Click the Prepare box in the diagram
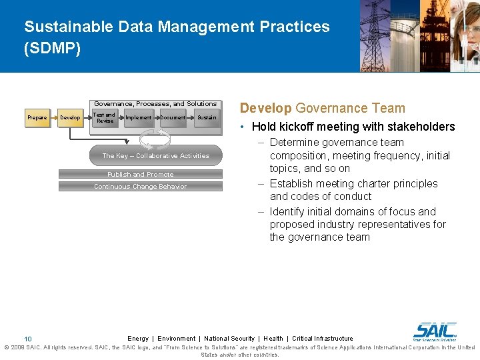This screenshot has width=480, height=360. [x=37, y=118]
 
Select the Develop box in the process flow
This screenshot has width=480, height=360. [x=70, y=118]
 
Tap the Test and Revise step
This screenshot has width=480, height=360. [x=105, y=118]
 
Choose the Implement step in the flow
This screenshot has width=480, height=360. [x=139, y=118]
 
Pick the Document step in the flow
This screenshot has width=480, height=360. [x=173, y=118]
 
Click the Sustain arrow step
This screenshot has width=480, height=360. [x=206, y=118]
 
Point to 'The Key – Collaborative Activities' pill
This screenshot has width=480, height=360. [x=155, y=156]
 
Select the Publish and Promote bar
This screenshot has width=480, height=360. [x=140, y=175]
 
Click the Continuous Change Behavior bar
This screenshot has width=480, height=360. [x=140, y=187]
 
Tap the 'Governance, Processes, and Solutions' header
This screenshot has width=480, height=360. [x=155, y=104]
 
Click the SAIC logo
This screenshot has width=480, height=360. [x=435, y=331]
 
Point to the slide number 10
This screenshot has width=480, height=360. [x=28, y=339]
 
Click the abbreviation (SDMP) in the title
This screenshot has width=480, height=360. [x=52, y=49]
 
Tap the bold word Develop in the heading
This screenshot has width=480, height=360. [x=265, y=108]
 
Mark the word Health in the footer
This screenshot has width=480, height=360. [x=273, y=339]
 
